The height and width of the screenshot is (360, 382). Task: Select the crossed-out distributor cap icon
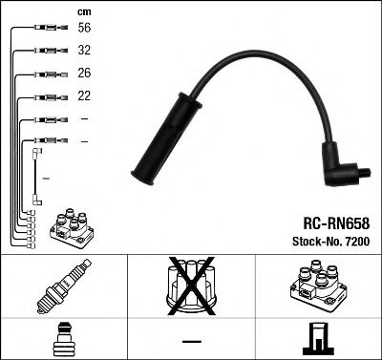pos(191,286)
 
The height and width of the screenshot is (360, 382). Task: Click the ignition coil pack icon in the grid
pos(318,287)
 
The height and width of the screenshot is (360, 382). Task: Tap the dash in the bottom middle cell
pos(191,340)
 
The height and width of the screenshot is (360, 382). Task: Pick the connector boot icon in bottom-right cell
pos(318,339)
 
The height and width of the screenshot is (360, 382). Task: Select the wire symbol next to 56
pos(45,30)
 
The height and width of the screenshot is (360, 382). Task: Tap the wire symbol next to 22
pos(45,96)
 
